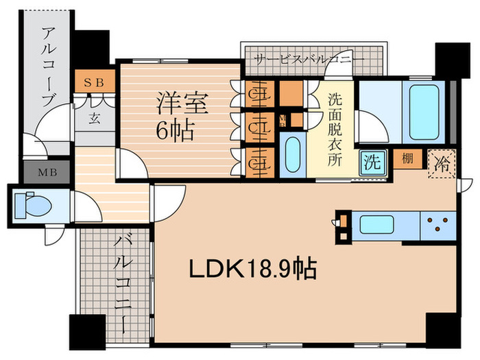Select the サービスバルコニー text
[x=310, y=60]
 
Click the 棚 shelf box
[x=407, y=160]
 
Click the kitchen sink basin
[x=374, y=224]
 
